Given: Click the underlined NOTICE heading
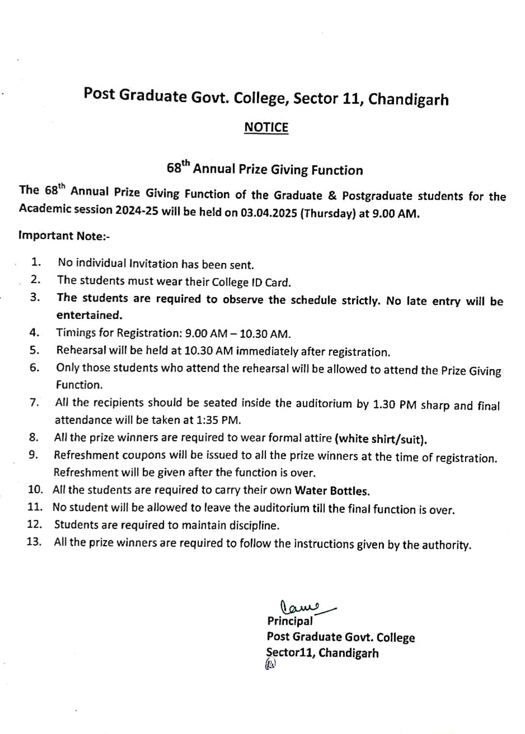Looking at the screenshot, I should tap(266, 127).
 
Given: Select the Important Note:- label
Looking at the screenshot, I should tap(64, 236).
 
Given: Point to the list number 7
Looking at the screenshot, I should tap(35, 402).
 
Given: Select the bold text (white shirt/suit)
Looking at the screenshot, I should tap(381, 439).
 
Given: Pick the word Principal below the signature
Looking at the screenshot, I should tap(290, 621).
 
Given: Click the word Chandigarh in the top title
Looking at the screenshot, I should tap(408, 99).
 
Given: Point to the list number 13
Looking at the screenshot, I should tap(35, 543).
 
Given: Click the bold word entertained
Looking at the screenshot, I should tap(89, 315).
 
